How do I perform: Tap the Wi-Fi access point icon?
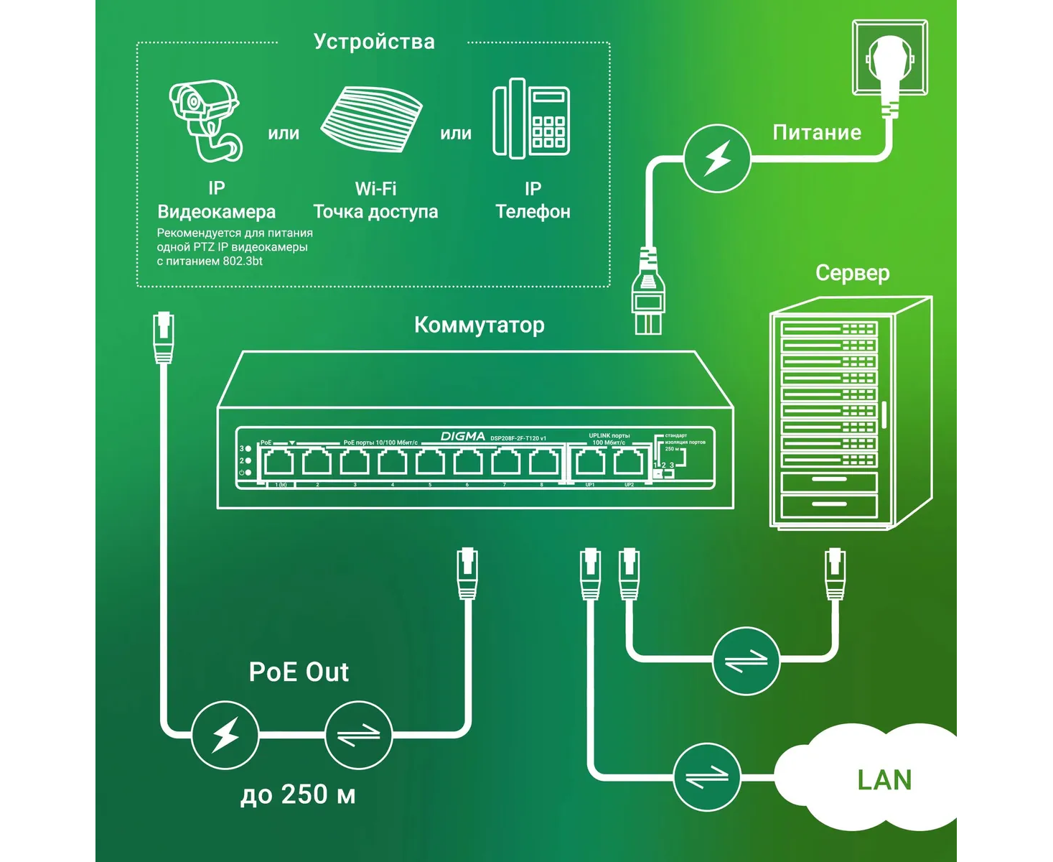pyautogui.click(x=370, y=119)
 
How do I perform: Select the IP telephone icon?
pyautogui.click(x=531, y=119)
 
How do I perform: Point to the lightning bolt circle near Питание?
pyautogui.click(x=717, y=158)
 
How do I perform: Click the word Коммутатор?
pyautogui.click(x=479, y=325)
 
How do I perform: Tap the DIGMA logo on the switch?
pyautogui.click(x=462, y=437)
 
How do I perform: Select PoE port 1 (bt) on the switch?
pyautogui.click(x=279, y=463)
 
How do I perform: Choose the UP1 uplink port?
pyautogui.click(x=589, y=463)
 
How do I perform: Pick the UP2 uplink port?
pyautogui.click(x=628, y=463)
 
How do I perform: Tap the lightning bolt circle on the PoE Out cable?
pyautogui.click(x=225, y=735)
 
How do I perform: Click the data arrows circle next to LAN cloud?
pyautogui.click(x=707, y=777)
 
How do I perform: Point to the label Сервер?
pyautogui.click(x=852, y=274)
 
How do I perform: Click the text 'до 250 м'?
pyautogui.click(x=298, y=794)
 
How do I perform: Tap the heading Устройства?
pyautogui.click(x=374, y=42)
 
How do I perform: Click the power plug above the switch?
pyautogui.click(x=647, y=291)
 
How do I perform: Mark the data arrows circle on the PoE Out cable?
pyautogui.click(x=359, y=735)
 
